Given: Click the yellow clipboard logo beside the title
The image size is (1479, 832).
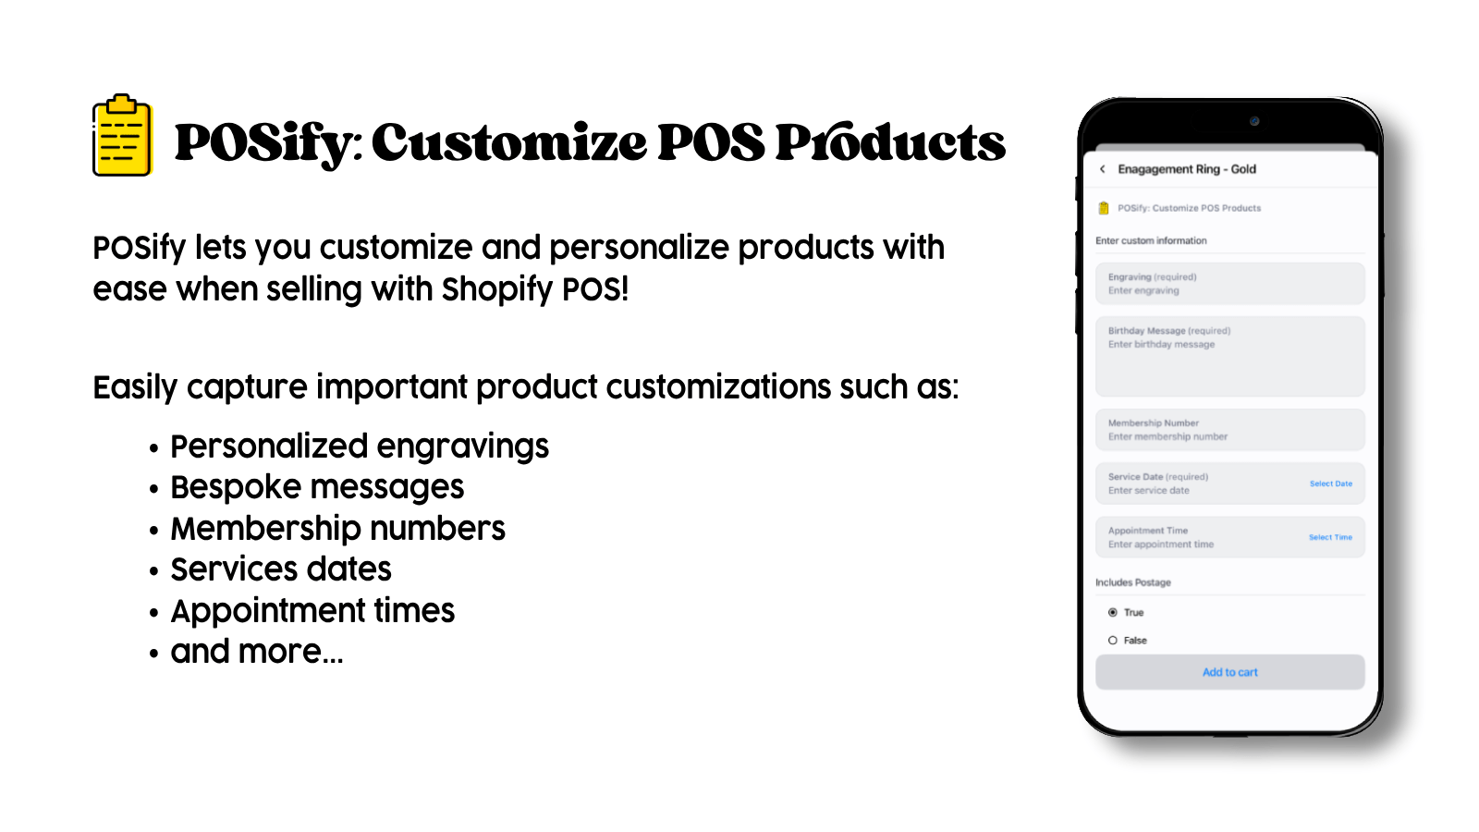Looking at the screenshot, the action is point(123,136).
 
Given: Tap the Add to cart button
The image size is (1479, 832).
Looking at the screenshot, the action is point(1229,672).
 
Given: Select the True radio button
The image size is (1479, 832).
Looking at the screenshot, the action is point(1113,613).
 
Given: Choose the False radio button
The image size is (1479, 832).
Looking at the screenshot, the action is point(1113,641).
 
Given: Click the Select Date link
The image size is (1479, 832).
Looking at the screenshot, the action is point(1330,484).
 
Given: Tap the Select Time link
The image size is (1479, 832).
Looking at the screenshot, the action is point(1330,537).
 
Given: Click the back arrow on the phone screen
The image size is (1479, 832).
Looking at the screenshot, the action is point(1103,169).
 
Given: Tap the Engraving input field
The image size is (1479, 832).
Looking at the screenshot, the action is point(1229,284).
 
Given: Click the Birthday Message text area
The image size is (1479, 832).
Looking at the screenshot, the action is point(1229,357).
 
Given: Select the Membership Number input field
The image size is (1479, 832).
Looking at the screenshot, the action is point(1229,430).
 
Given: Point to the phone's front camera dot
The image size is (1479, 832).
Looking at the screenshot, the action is point(1254,121).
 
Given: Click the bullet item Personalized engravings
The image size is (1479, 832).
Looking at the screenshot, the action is point(360,447).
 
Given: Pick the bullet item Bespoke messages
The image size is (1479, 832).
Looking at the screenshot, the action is point(317,488).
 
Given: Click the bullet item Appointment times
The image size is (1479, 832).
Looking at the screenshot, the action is point(312,611).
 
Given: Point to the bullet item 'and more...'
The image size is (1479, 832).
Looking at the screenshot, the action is point(257,652).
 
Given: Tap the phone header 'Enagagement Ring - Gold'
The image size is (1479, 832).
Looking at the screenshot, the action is point(1187,169).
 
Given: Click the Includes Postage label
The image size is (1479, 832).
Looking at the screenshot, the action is point(1133,582).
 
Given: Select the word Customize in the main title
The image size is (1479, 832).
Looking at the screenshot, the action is point(509,142).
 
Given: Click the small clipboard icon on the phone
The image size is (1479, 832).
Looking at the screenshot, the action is point(1104,208).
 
